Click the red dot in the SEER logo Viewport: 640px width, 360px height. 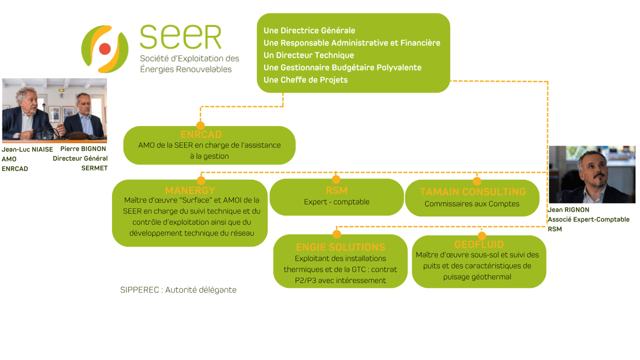[x=105, y=49]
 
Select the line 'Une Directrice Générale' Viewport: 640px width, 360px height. [x=309, y=30]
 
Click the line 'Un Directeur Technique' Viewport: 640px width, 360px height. [x=308, y=55]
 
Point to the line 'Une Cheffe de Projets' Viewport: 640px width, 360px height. [x=305, y=80]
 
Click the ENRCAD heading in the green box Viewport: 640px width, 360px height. [x=201, y=134]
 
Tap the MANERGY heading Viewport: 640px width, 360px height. [x=190, y=190]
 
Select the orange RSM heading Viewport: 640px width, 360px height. [x=337, y=190]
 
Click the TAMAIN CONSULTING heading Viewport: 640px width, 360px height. [x=473, y=192]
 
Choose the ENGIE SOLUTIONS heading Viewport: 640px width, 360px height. [x=340, y=247]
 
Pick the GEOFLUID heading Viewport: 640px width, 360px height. [x=479, y=244]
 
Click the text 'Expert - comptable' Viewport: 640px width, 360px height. [x=337, y=202]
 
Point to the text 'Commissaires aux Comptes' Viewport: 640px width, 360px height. [x=472, y=204]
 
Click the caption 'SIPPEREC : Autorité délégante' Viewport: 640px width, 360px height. [x=178, y=290]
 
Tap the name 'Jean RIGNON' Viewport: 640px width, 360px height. [x=568, y=210]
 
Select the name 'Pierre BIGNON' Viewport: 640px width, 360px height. [x=83, y=149]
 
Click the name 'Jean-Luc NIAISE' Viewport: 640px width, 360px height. [x=27, y=149]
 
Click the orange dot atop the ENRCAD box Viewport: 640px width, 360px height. [x=200, y=125]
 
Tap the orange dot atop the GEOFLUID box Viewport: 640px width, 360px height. [x=482, y=236]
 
